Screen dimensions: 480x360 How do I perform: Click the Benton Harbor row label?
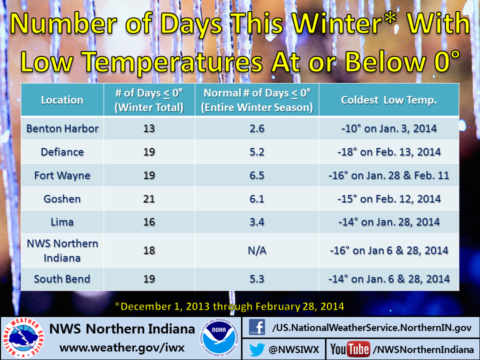pos(62,128)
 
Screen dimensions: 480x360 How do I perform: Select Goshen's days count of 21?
pos(149,199)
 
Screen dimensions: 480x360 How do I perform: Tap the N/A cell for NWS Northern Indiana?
pos(257,250)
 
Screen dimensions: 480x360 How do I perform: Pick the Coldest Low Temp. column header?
pos(389,100)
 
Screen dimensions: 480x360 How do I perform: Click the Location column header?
pos(62,100)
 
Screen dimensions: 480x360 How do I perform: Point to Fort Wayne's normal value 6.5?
pos(257,175)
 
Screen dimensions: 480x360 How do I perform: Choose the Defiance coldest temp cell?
pos(389,152)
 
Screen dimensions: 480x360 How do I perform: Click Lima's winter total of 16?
pos(149,222)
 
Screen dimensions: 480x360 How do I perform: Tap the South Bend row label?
pos(62,279)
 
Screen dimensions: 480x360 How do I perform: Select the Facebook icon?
pos(257,327)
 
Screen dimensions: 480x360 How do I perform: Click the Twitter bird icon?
pos(257,349)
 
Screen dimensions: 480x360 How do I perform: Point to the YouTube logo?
pos(350,349)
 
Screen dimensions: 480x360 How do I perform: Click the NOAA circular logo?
pos(219,337)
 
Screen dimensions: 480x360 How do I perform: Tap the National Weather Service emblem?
pos(23,338)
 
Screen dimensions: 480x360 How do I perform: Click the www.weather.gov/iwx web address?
pos(122,348)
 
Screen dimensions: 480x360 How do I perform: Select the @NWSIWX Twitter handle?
pos(294,349)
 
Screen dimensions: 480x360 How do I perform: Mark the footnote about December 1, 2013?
pos(229,306)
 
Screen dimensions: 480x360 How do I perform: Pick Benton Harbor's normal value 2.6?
pos(257,128)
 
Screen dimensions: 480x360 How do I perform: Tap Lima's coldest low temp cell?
pos(389,222)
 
